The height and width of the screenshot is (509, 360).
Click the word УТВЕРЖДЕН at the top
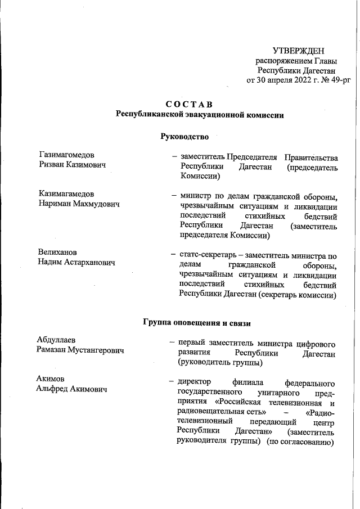298,51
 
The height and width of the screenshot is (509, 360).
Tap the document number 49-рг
338,80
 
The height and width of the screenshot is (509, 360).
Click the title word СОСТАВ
189,104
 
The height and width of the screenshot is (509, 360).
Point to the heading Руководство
184,136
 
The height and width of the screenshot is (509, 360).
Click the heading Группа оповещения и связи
197,323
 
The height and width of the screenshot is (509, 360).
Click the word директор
195,382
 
